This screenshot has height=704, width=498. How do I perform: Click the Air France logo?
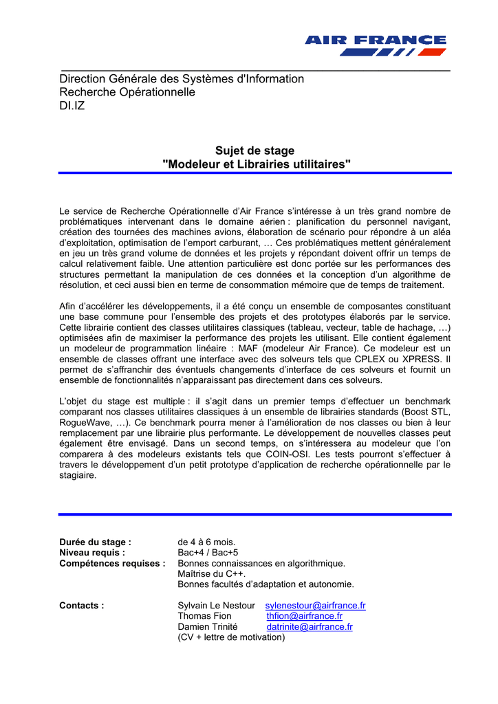tap(376, 45)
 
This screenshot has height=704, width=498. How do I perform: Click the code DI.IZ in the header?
tap(72, 106)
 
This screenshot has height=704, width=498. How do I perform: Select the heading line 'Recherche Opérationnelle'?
tap(127, 92)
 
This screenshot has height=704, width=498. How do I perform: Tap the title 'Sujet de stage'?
tap(255, 151)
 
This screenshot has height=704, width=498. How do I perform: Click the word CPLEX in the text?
tap(369, 358)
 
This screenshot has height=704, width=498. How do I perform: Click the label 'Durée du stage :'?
tap(95, 542)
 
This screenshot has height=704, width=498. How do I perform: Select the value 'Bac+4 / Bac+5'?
tap(208, 553)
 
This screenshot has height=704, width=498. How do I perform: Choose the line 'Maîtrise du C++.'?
tap(212, 574)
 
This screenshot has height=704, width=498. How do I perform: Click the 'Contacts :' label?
tap(82, 606)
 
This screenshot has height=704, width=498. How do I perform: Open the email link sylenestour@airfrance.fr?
tap(315, 606)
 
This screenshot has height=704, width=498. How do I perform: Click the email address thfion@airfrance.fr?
tap(304, 616)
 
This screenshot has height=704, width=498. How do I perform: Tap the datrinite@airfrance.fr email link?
tap(310, 627)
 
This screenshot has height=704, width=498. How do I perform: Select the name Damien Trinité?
tap(208, 627)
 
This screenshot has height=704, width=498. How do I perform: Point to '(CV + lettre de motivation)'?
tap(231, 637)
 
